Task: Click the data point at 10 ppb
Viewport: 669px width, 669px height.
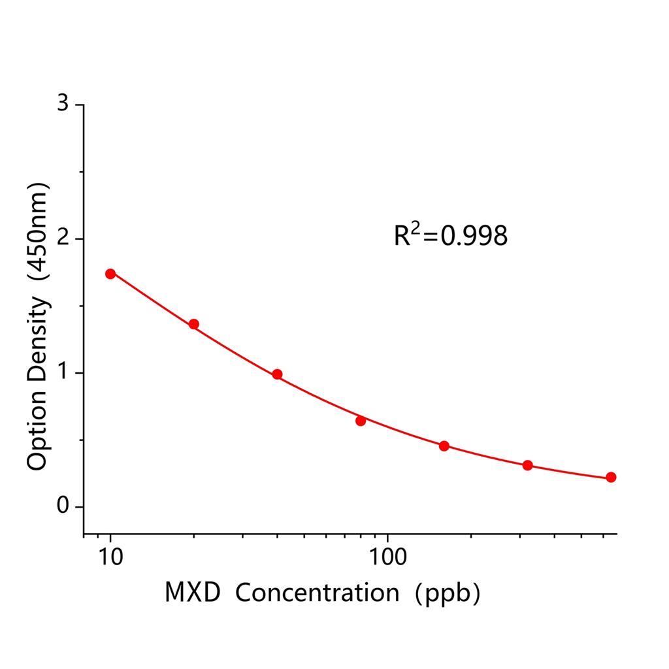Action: click(110, 274)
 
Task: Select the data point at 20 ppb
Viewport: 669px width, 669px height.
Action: click(194, 324)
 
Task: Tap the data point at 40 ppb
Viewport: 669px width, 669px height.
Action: click(277, 374)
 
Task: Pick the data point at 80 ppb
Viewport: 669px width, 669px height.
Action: click(361, 421)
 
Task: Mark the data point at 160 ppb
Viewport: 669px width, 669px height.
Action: click(444, 446)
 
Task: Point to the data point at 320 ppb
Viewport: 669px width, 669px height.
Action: click(527, 465)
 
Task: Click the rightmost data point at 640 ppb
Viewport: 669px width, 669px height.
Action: click(611, 478)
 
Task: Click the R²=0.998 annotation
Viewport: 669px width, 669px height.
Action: click(450, 235)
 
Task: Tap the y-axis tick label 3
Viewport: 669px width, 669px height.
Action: click(63, 105)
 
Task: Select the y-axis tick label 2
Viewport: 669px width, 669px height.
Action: click(63, 238)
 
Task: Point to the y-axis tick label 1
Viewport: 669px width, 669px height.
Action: click(63, 372)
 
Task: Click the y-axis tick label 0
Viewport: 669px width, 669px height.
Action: click(63, 506)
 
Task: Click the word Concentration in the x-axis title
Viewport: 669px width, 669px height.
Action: click(317, 593)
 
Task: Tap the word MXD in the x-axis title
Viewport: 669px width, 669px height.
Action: click(193, 593)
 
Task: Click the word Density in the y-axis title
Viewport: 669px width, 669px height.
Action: click(38, 339)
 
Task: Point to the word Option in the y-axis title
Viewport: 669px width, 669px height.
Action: click(38, 431)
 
